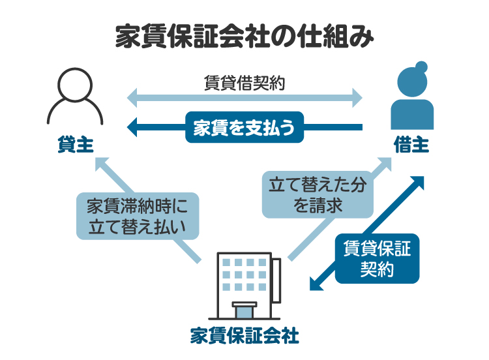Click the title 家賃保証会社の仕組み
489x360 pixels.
[x=244, y=37]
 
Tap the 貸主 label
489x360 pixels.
[x=74, y=144]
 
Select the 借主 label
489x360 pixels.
[x=411, y=144]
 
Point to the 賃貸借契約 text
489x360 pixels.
[x=244, y=83]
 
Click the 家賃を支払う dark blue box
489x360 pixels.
[x=245, y=127]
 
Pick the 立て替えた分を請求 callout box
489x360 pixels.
[x=318, y=194]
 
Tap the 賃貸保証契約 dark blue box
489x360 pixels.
[x=377, y=258]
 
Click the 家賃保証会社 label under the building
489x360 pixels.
[x=244, y=337]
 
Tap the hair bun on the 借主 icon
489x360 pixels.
[x=421, y=67]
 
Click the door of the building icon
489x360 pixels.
[x=244, y=310]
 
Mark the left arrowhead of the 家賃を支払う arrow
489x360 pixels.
[x=132, y=127]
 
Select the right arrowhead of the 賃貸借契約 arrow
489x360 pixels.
[x=355, y=99]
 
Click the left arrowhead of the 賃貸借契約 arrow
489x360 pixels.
[x=133, y=99]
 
